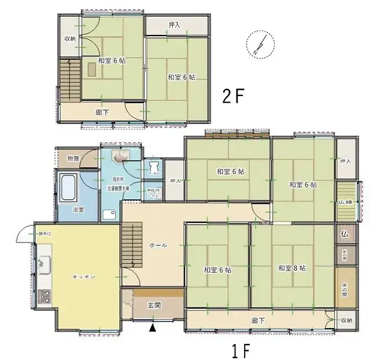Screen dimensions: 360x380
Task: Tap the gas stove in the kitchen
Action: coord(45,295)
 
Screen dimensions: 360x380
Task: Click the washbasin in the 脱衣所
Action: coord(121,157)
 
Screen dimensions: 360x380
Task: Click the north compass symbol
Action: coord(259,43)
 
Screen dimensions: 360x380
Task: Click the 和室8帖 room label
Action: coord(292,269)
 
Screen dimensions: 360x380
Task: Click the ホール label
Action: coord(158,245)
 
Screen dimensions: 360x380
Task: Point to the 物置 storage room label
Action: coord(73,158)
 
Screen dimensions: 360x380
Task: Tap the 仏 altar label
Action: coord(344,234)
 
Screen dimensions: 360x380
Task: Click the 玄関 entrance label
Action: coord(154,306)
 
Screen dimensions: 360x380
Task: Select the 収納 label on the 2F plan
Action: coord(69,39)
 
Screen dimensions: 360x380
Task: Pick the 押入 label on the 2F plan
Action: coord(175,25)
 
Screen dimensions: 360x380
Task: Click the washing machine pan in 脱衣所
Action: coord(109,214)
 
